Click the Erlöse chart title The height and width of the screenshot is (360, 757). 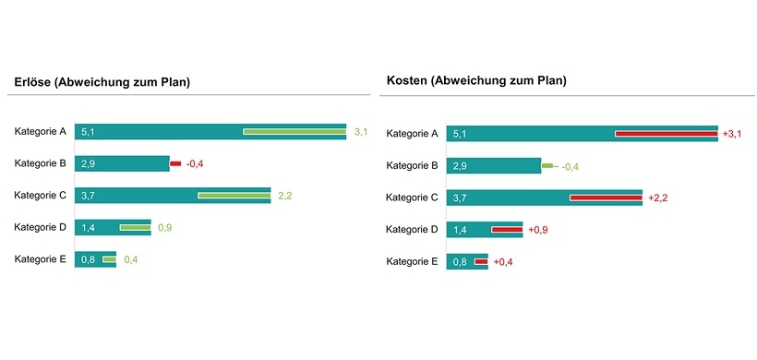pyautogui.click(x=102, y=82)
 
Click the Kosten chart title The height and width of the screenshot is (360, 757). pyautogui.click(x=476, y=81)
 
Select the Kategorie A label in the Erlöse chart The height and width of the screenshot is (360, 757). pyautogui.click(x=41, y=132)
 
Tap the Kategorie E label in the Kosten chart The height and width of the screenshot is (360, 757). pyautogui.click(x=412, y=262)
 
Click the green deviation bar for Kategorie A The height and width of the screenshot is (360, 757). pyautogui.click(x=294, y=132)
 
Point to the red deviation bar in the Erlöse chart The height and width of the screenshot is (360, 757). pyautogui.click(x=175, y=164)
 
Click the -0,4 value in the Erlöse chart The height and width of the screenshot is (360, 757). pyautogui.click(x=195, y=164)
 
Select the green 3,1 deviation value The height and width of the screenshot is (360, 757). pyautogui.click(x=361, y=132)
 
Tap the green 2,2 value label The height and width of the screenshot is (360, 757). pyautogui.click(x=285, y=196)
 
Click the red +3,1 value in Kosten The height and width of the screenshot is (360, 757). pyautogui.click(x=732, y=134)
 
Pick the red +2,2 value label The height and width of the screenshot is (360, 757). pyautogui.click(x=657, y=198)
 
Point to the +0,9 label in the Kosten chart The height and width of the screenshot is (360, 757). pyautogui.click(x=538, y=230)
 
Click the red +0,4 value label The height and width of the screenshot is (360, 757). pyautogui.click(x=503, y=262)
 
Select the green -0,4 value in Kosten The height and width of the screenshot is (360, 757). pyautogui.click(x=571, y=166)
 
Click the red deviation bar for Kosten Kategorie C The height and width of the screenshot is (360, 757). pyautogui.click(x=606, y=198)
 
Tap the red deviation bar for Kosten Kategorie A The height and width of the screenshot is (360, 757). pyautogui.click(x=666, y=134)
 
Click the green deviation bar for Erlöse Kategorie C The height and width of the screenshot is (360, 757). pyautogui.click(x=234, y=196)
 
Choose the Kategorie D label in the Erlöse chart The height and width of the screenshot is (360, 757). pyautogui.click(x=41, y=227)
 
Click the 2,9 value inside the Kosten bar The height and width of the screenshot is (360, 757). pyautogui.click(x=459, y=166)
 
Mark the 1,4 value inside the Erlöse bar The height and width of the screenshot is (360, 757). pyautogui.click(x=88, y=228)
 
